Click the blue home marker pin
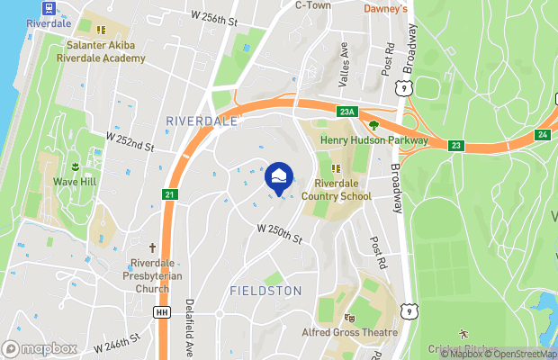coord(278,176)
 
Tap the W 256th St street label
coord(214,17)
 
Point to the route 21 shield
coord(170,194)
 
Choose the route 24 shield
coord(542,134)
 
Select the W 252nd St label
coord(130,141)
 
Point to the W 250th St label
coord(278,233)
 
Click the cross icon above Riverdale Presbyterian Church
coord(151,247)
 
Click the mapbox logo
coord(40,348)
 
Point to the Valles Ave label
coord(343,64)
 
